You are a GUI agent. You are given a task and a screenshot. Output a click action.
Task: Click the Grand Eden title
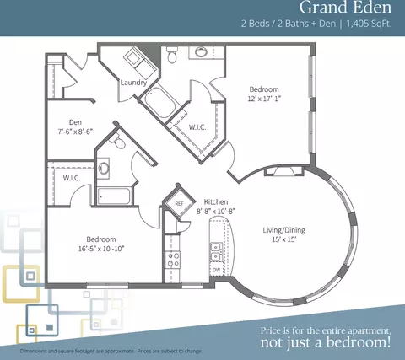point(345,8)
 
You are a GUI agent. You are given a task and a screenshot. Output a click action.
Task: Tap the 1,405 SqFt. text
point(369,24)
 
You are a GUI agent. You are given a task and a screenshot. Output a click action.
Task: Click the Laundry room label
point(133,83)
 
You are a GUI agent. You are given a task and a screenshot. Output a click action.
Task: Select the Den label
point(75,122)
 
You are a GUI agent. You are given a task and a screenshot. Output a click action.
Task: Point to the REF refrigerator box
point(179,203)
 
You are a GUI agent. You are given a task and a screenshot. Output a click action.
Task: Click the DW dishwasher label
point(216,270)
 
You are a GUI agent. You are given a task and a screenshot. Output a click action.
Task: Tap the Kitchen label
point(216,201)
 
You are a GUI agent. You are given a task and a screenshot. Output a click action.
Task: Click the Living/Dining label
point(284,230)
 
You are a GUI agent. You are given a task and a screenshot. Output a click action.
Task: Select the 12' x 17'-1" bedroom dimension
point(264,99)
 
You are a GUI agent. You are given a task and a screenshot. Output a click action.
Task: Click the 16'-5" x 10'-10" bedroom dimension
point(101,249)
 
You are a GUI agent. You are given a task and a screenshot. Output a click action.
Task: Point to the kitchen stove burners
point(173,260)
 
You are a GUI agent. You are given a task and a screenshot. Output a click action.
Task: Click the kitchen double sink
point(217,252)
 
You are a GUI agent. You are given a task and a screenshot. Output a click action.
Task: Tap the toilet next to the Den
point(118,141)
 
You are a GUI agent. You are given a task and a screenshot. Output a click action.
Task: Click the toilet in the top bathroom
point(172,55)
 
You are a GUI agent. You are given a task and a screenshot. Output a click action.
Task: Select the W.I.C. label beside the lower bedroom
point(72,178)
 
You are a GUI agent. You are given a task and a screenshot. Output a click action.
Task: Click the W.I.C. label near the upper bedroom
point(197,127)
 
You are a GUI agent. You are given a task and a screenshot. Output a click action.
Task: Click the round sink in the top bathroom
point(201,52)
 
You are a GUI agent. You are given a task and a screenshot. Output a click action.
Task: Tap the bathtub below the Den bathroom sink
point(114,196)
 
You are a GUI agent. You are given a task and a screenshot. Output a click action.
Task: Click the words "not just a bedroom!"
point(326,342)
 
